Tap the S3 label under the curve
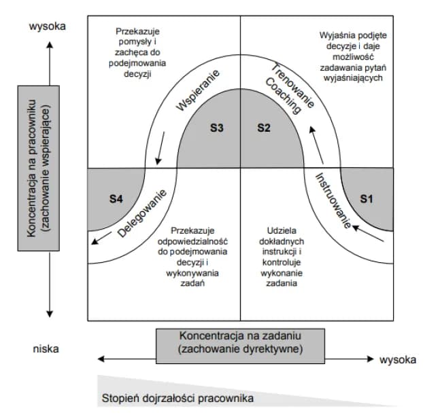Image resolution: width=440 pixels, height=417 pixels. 216,127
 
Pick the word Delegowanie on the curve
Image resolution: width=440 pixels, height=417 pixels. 142,213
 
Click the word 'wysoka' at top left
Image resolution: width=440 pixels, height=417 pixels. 47,26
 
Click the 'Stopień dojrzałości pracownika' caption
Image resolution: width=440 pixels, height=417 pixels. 178,397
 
